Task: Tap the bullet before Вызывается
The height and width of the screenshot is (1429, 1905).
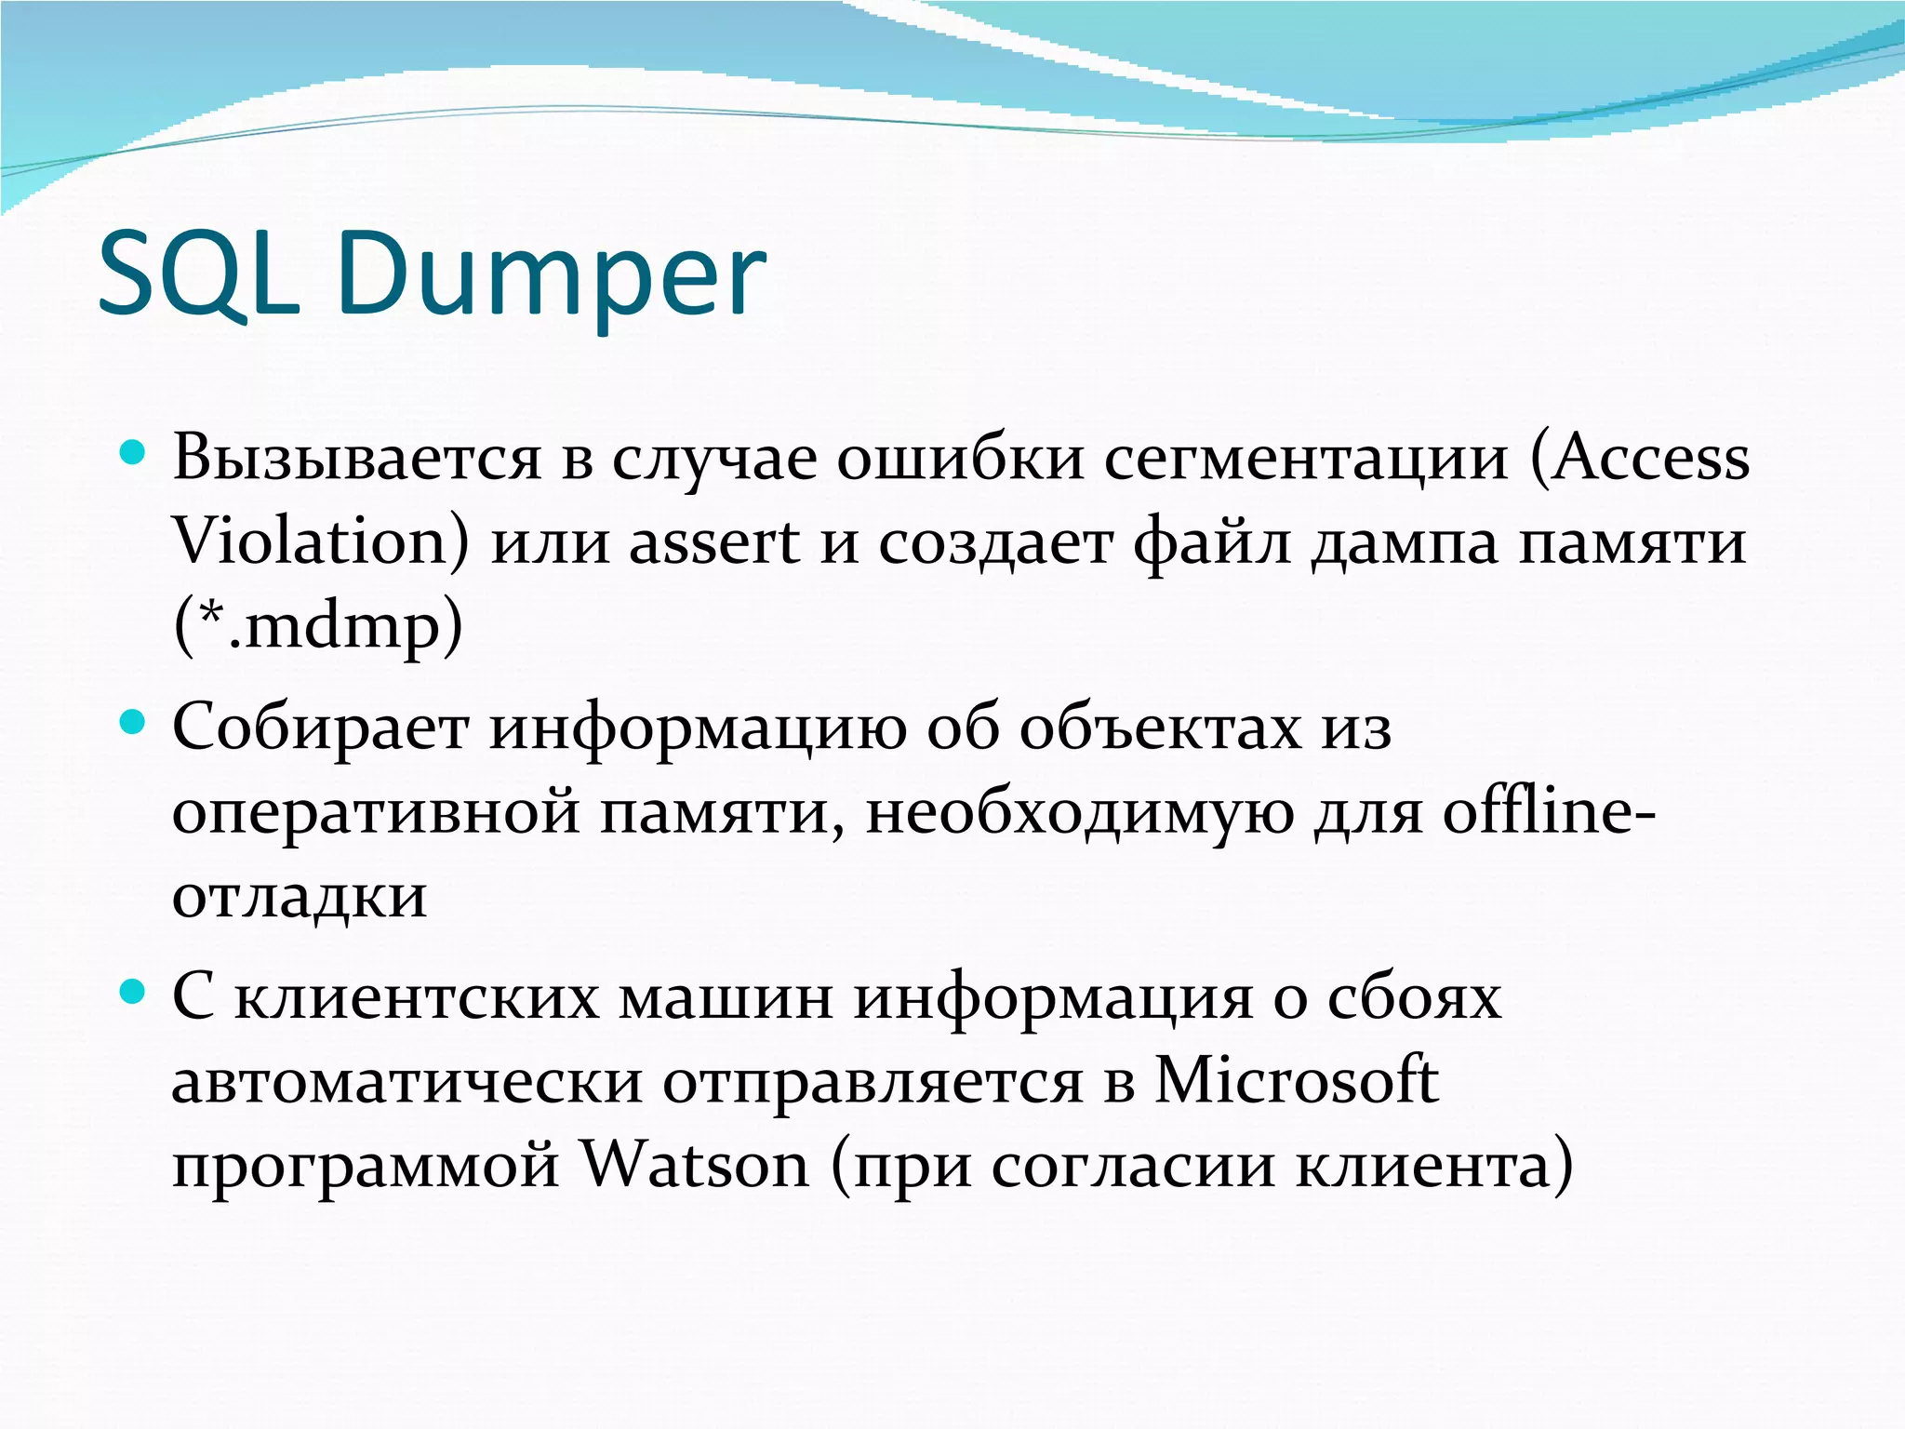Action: click(134, 454)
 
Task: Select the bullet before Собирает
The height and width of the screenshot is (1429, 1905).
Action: click(134, 723)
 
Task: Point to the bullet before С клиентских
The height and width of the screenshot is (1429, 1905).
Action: click(134, 993)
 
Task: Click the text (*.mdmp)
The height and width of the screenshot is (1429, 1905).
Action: click(317, 626)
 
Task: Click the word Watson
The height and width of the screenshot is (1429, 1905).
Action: click(695, 1165)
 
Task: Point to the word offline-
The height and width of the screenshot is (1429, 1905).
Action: click(1549, 811)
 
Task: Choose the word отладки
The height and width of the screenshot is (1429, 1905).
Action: click(300, 896)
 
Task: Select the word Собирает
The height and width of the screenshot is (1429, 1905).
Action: click(321, 728)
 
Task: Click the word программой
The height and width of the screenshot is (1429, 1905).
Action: click(366, 1165)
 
